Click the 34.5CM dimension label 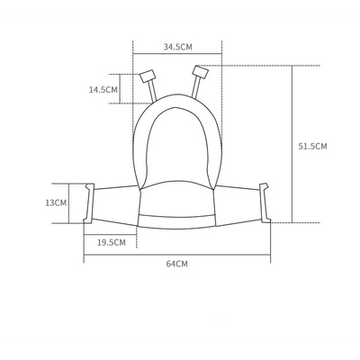[x=177, y=47]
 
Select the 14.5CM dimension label [x=103, y=89]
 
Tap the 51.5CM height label [x=312, y=147]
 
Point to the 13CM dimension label [x=56, y=202]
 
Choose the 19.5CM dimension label [x=112, y=242]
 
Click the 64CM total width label [x=177, y=264]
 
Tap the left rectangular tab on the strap [x=148, y=76]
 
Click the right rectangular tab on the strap [x=200, y=72]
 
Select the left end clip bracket [x=89, y=203]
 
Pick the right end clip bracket [x=265, y=202]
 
